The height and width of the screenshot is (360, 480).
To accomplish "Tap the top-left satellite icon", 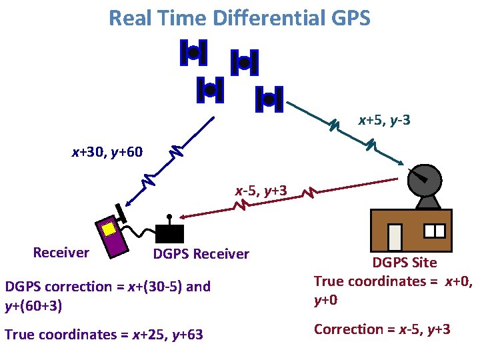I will coord(193,53).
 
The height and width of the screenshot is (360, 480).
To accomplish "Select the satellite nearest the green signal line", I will coord(269,99).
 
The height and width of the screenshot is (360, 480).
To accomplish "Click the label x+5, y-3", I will coord(384,120).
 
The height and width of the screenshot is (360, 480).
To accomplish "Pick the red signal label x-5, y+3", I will coord(261,191).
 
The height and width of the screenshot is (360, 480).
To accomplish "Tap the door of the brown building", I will coord(395,237).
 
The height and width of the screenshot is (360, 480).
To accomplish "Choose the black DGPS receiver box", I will coord(169,233).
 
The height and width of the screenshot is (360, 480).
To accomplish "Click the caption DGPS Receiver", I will coord(201,254).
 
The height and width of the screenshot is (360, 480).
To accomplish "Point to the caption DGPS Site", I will coord(404,263).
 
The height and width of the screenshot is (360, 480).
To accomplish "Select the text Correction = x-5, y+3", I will coord(382,329).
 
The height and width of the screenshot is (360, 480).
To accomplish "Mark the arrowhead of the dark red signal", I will coord(181,217).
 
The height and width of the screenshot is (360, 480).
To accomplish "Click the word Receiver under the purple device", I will coord(61,252).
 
